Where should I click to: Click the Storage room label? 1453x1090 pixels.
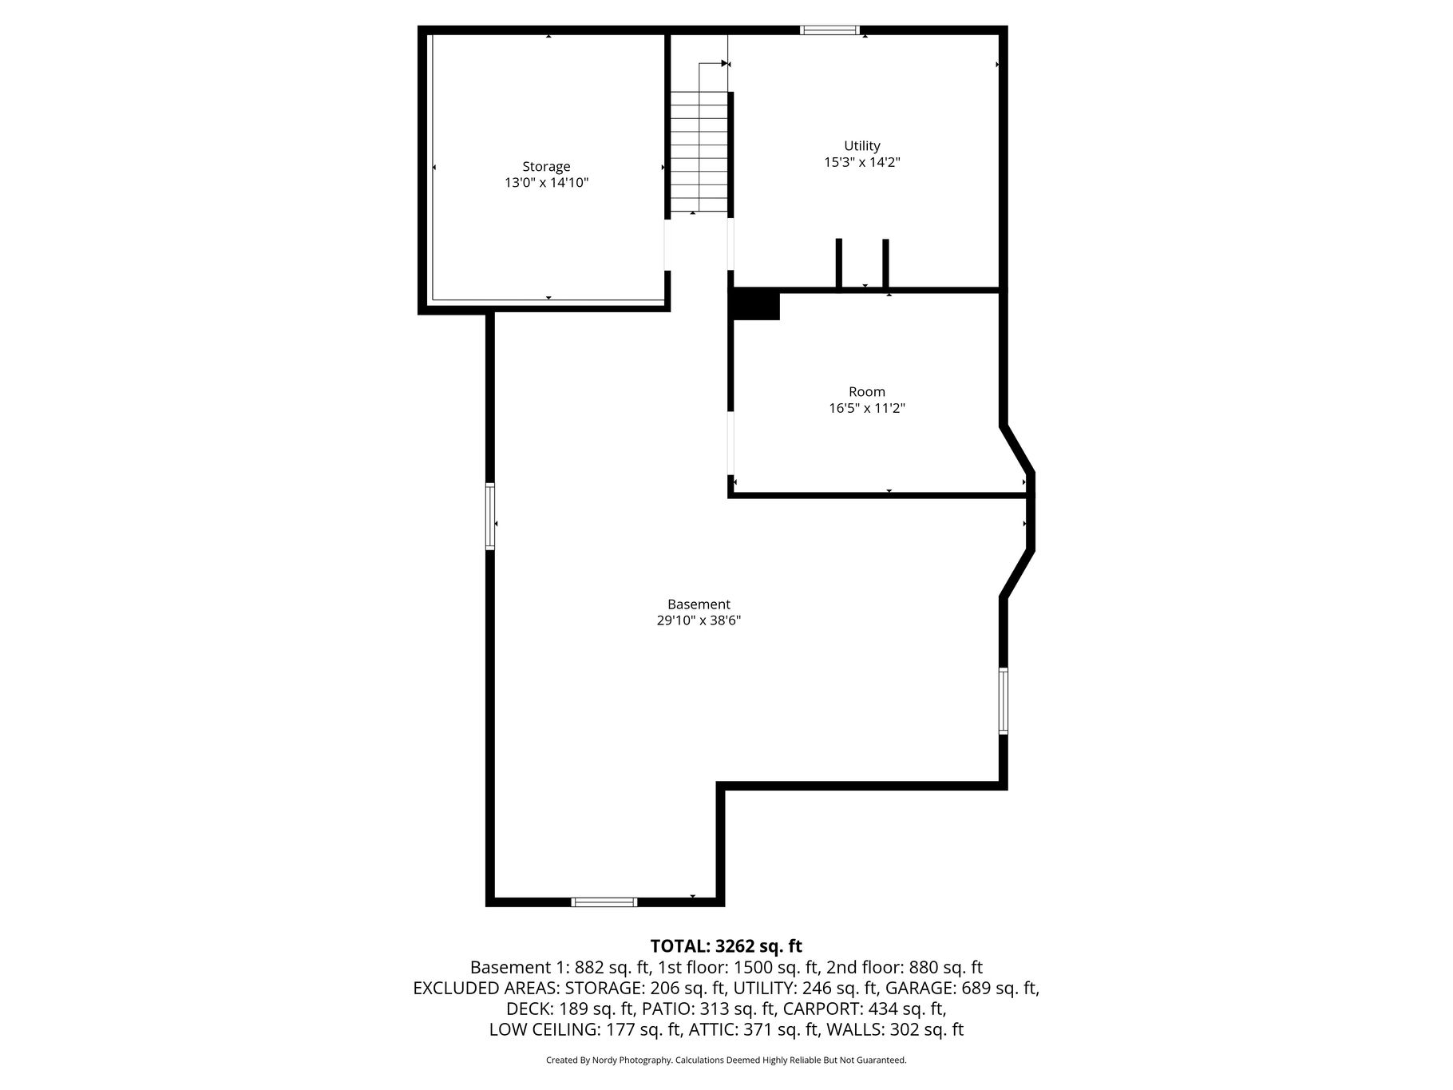tap(546, 167)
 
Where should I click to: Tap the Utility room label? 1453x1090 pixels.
tap(862, 146)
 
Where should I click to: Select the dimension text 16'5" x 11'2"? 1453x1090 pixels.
tap(867, 408)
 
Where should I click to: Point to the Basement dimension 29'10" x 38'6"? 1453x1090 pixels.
tap(699, 620)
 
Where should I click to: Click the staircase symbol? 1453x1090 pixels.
tap(699, 152)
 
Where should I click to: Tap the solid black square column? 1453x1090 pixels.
tap(755, 304)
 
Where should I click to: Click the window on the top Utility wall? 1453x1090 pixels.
tap(830, 30)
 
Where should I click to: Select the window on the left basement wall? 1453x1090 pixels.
tap(490, 516)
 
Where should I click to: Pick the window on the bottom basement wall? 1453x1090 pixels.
tap(604, 902)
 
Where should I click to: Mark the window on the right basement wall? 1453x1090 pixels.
tap(1004, 701)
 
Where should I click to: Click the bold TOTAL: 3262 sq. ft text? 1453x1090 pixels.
tap(726, 946)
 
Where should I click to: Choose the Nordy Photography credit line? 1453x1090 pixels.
tap(726, 1060)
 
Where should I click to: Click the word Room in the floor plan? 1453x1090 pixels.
tap(867, 392)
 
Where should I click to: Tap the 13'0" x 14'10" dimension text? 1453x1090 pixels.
tap(546, 183)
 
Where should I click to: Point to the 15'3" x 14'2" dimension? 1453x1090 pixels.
tap(862, 162)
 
